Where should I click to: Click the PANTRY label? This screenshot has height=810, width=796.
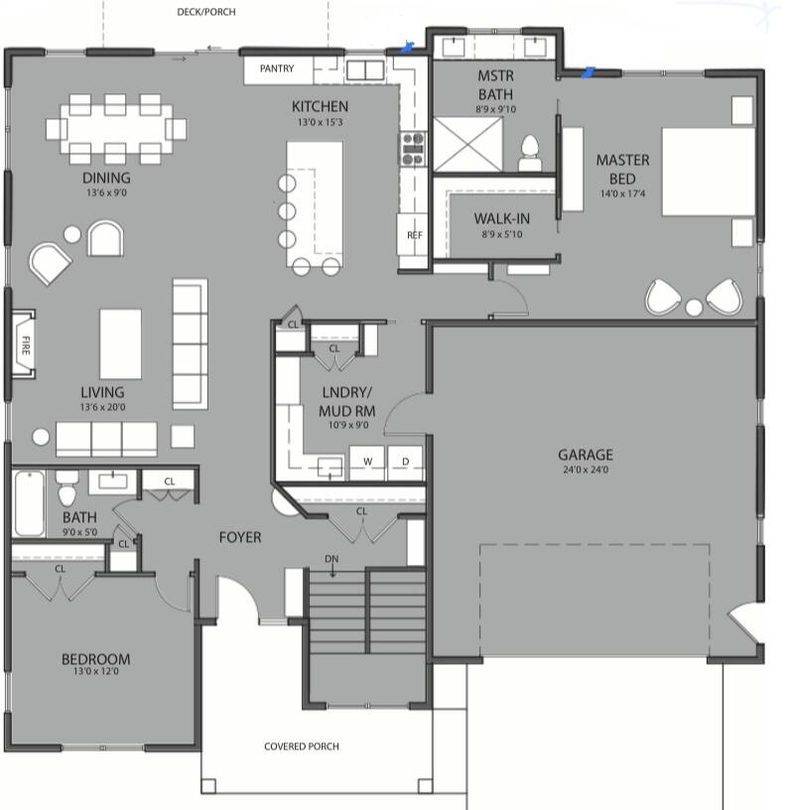276,69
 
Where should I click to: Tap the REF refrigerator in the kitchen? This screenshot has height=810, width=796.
414,235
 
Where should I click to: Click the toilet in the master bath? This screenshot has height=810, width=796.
530,151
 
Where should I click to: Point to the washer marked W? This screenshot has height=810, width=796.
366,462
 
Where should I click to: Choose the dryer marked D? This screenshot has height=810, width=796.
404,462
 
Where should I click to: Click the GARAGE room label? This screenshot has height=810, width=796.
584,455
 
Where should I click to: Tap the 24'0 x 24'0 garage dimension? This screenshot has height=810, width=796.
584,470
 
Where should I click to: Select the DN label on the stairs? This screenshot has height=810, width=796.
332,560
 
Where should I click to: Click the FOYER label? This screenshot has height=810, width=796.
240,537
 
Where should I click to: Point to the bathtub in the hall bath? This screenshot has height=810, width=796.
28,503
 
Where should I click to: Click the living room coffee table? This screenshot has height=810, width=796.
120,343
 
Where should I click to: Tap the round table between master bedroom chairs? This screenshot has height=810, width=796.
694,308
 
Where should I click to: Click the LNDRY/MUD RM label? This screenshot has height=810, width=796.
345,401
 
